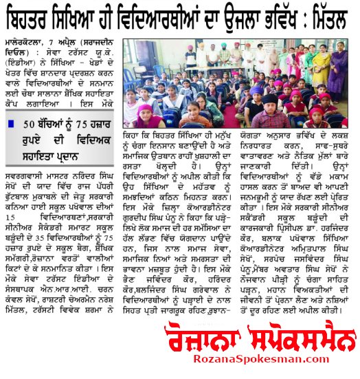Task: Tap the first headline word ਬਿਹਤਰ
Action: (x=33, y=14)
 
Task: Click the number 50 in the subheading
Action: (x=29, y=124)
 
